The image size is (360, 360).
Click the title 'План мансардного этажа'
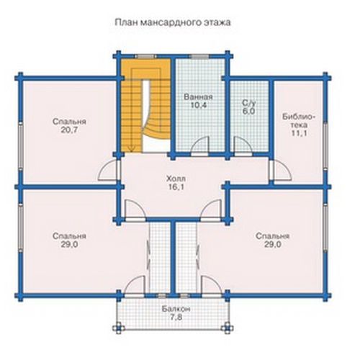point(173,22)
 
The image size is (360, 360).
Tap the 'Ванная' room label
point(198,97)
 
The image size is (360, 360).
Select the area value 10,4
point(198,105)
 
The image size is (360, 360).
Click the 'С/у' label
point(249,103)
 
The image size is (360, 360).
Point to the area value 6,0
point(249,112)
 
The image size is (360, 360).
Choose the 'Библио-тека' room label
point(298,121)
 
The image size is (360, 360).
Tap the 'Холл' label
point(176,179)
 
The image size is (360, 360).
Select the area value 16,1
point(176,187)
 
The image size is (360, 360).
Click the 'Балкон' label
point(176,309)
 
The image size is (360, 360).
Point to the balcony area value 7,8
point(176,318)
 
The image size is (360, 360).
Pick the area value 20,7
point(69,130)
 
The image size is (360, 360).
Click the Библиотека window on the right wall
point(325,145)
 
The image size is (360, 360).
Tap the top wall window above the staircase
point(145,57)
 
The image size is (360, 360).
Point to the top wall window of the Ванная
point(199,57)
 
